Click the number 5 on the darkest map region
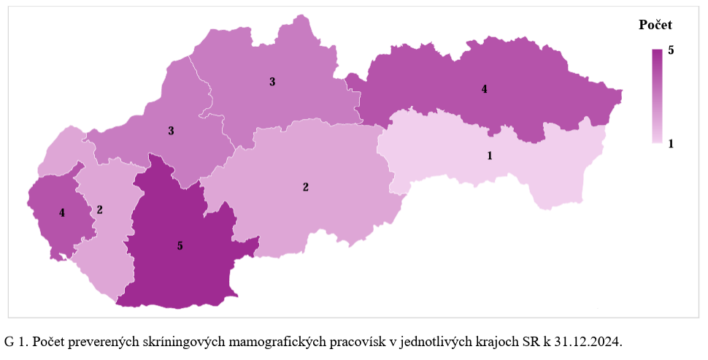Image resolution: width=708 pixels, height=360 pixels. click(180, 246)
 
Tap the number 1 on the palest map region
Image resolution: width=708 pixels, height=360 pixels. click(490, 156)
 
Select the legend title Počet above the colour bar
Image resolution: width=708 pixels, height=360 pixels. click(655, 25)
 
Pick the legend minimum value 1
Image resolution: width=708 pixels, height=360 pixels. click(671, 143)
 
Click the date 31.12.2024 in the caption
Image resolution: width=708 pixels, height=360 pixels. click(590, 342)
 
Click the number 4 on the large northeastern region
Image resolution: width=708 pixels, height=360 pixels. click(484, 89)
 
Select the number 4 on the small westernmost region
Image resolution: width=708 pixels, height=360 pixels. click(62, 213)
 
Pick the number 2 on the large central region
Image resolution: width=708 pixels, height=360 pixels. click(306, 187)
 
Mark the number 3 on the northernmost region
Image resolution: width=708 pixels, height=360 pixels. click(272, 82)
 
